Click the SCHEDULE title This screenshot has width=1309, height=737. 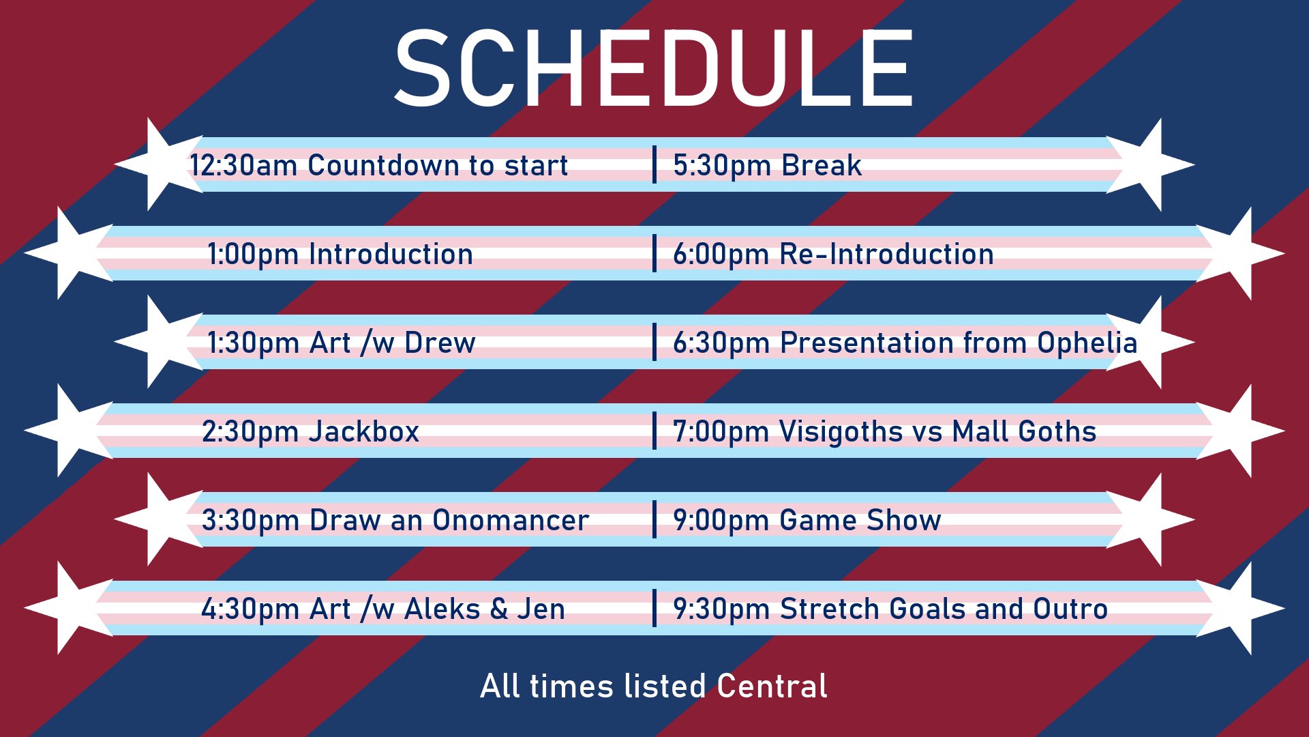tap(654, 68)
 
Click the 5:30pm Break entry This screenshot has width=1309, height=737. tap(767, 165)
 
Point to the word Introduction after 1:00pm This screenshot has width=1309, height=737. tap(391, 254)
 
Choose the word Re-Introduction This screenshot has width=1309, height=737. tap(886, 254)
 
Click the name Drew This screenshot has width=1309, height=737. tap(440, 343)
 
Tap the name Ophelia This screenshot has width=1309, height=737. tap(1087, 343)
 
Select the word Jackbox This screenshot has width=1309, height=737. tap(364, 431)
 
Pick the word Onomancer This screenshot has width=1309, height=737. tap(511, 520)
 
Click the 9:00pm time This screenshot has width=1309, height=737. tap(721, 521)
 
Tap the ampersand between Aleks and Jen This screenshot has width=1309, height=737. tap(498, 609)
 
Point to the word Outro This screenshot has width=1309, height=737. tap(1070, 609)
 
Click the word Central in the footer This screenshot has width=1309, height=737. tap(772, 686)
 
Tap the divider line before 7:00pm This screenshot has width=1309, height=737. tap(654, 431)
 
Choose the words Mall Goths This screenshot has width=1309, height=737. tap(1024, 431)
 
